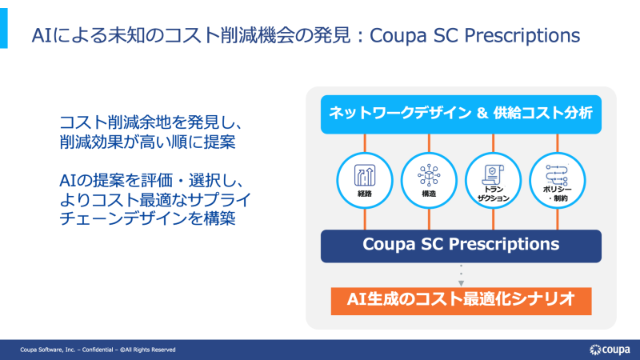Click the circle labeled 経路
pyautogui.click(x=365, y=181)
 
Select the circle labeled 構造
pyautogui.click(x=429, y=181)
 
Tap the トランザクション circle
pyautogui.click(x=493, y=181)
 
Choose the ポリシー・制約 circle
pyautogui.click(x=558, y=181)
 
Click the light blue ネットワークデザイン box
pyautogui.click(x=461, y=114)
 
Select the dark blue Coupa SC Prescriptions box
pyautogui.click(x=461, y=246)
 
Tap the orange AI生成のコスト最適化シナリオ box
pyautogui.click(x=461, y=301)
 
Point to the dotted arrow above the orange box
pyautogui.click(x=462, y=275)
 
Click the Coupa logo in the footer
pyautogui.click(x=610, y=350)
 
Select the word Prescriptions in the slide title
pyautogui.click(x=522, y=35)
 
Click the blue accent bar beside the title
pyautogui.click(x=4, y=28)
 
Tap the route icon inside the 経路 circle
pyautogui.click(x=365, y=175)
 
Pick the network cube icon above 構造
pyautogui.click(x=429, y=175)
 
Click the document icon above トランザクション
pyautogui.click(x=493, y=174)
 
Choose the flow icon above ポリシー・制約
pyautogui.click(x=557, y=174)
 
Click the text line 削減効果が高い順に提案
pyautogui.click(x=147, y=142)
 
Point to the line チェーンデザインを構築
pyautogui.click(x=147, y=218)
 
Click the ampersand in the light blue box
pyautogui.click(x=482, y=113)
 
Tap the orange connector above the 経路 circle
pyautogui.click(x=365, y=143)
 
